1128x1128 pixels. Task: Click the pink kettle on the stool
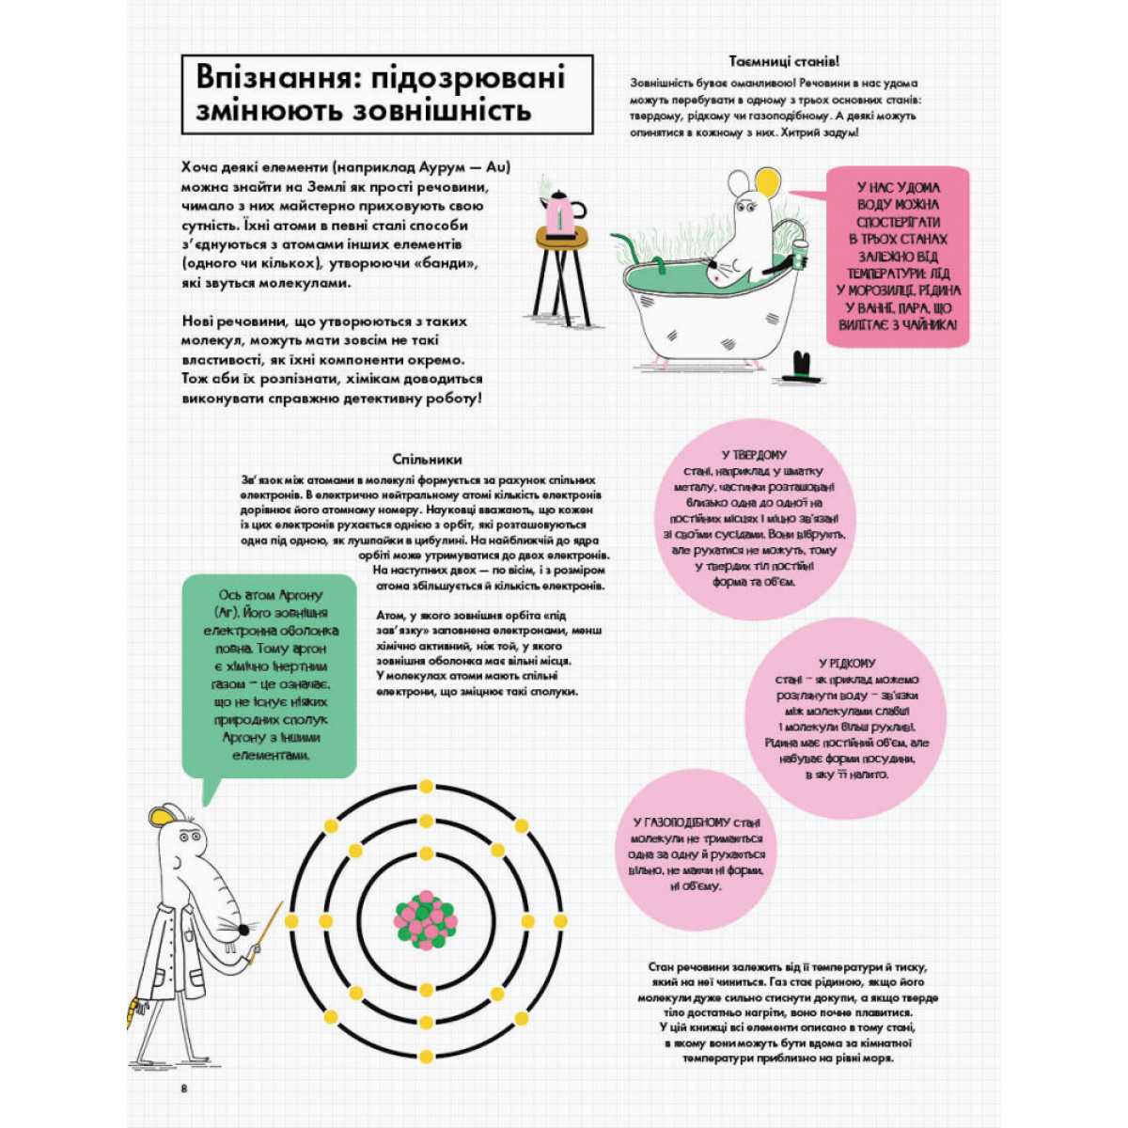coord(562,212)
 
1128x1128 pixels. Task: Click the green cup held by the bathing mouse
coord(800,255)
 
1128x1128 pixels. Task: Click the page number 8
coord(185,1088)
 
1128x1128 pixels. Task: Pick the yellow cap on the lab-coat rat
coord(167,813)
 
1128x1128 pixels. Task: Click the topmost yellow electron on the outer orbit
coord(426,786)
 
